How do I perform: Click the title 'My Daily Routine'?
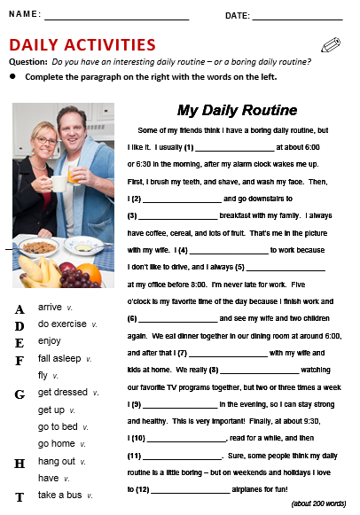237,111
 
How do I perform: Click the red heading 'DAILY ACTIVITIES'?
82,45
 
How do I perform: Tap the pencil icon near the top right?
331,45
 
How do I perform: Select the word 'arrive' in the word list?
50,307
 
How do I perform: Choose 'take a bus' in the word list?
59,494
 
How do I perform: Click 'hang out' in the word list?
57,461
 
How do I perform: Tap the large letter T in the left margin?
19,496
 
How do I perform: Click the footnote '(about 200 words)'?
318,503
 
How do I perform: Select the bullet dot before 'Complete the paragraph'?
12,77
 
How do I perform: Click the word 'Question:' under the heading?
28,62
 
